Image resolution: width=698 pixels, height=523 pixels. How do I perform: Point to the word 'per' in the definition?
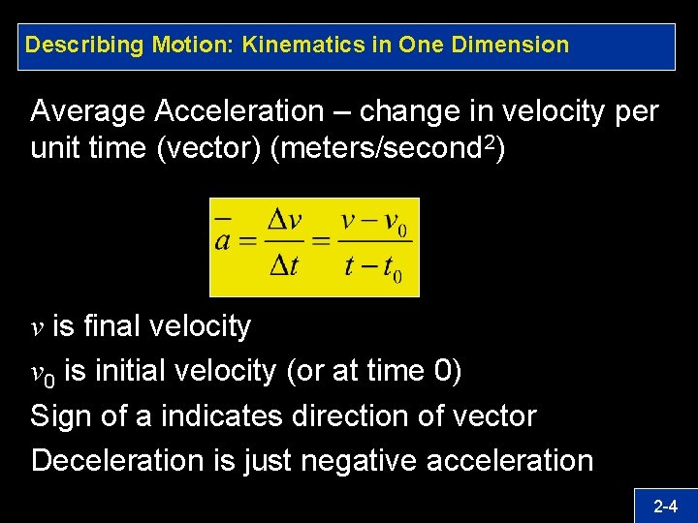(637, 112)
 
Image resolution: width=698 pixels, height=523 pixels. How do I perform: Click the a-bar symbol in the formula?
(222, 238)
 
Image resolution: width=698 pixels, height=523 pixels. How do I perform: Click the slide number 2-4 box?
(664, 505)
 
